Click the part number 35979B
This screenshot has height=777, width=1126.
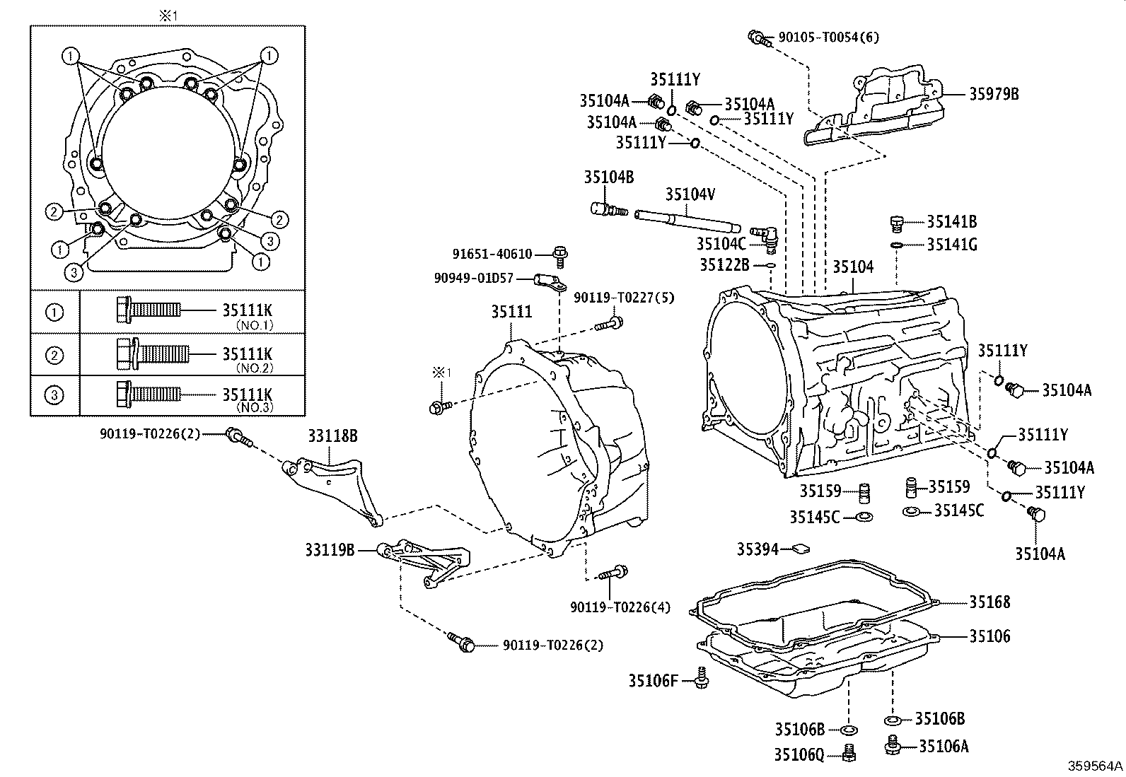point(993,94)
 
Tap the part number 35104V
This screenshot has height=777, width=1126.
point(690,194)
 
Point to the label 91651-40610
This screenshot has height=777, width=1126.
point(492,254)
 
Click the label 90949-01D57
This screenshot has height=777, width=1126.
point(484,279)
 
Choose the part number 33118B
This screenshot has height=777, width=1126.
point(332,436)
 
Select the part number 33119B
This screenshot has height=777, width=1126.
point(330,549)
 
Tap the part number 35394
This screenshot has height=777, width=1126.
point(758,549)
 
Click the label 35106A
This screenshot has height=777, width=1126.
point(944,745)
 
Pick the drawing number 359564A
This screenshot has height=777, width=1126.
point(1095,766)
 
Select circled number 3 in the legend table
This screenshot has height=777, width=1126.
point(54,395)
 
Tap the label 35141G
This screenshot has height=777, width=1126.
point(951,245)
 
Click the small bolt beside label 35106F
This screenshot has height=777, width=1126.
point(702,677)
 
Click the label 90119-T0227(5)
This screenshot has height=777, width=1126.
point(623,298)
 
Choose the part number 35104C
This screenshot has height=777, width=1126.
point(721,244)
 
